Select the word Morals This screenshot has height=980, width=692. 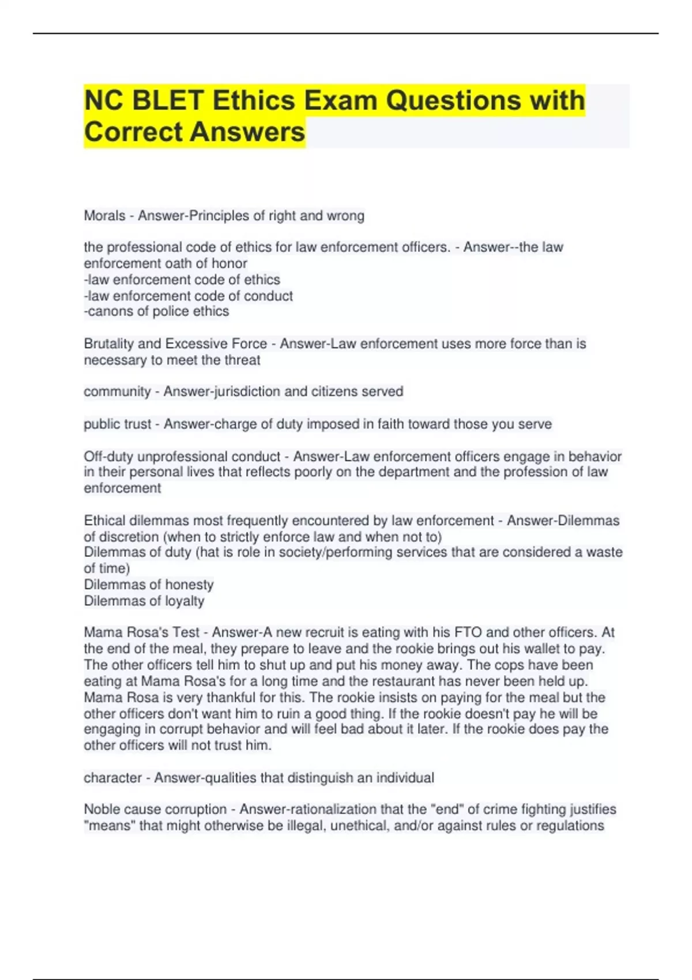click(104, 216)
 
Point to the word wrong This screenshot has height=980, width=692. click(345, 216)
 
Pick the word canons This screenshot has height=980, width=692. click(108, 311)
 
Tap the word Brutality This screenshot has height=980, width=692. click(110, 344)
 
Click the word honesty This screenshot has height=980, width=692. click(189, 585)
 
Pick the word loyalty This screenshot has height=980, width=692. click(185, 601)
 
